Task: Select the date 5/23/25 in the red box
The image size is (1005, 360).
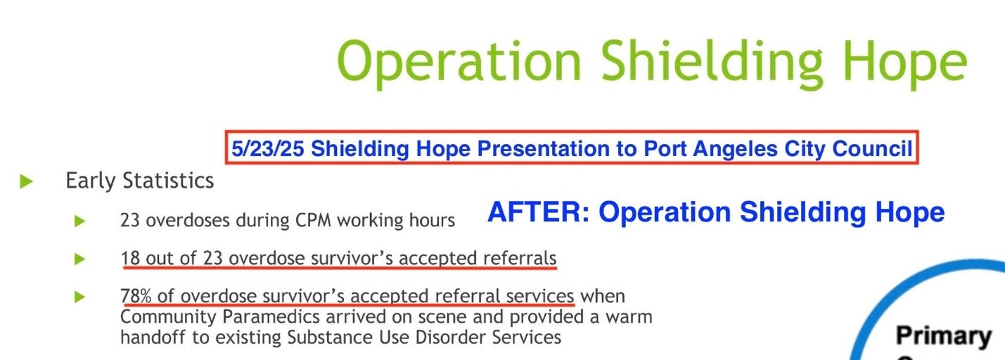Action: [x=268, y=149]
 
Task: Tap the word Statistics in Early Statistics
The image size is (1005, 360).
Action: [x=168, y=181]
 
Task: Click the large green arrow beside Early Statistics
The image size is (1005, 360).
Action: [x=27, y=181]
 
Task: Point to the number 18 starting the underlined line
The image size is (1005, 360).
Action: [x=130, y=258]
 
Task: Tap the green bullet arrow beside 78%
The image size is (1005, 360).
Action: [x=79, y=296]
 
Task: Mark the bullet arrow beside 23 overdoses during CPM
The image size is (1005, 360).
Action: [x=79, y=221]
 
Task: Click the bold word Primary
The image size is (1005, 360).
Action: [x=943, y=336]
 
